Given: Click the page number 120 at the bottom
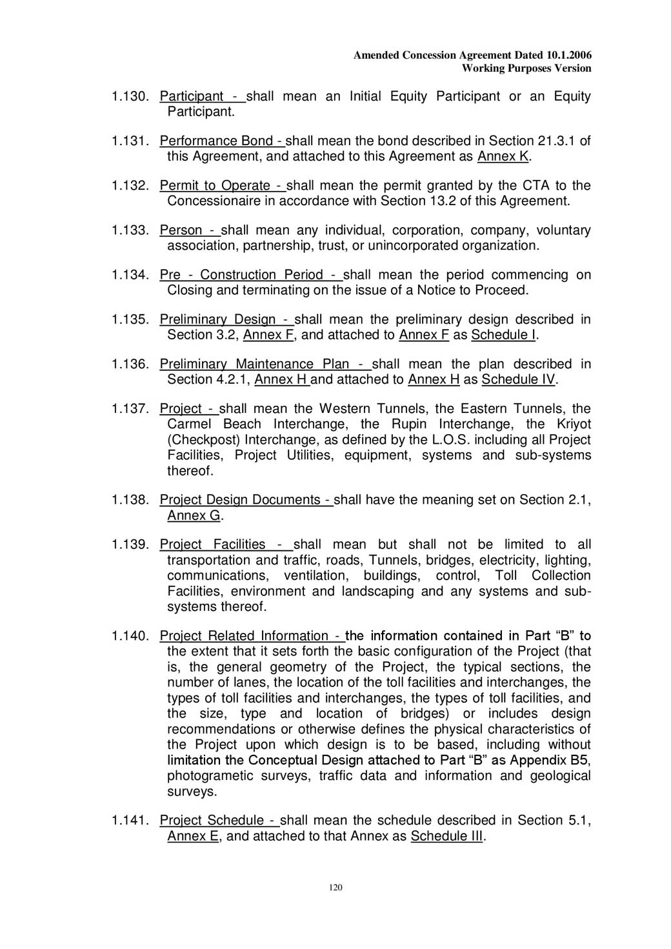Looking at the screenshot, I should (335, 887).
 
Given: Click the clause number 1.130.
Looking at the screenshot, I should (130, 96).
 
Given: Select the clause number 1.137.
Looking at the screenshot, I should (130, 408).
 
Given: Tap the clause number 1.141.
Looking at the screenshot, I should (130, 820).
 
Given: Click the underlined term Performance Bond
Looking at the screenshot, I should (216, 141).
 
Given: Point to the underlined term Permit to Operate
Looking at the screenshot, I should (215, 185).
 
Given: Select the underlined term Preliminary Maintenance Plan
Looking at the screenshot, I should (254, 364).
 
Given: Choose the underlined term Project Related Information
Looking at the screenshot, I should (244, 635).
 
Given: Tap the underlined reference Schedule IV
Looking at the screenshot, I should (518, 379).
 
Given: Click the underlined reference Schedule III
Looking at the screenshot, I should (446, 836).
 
